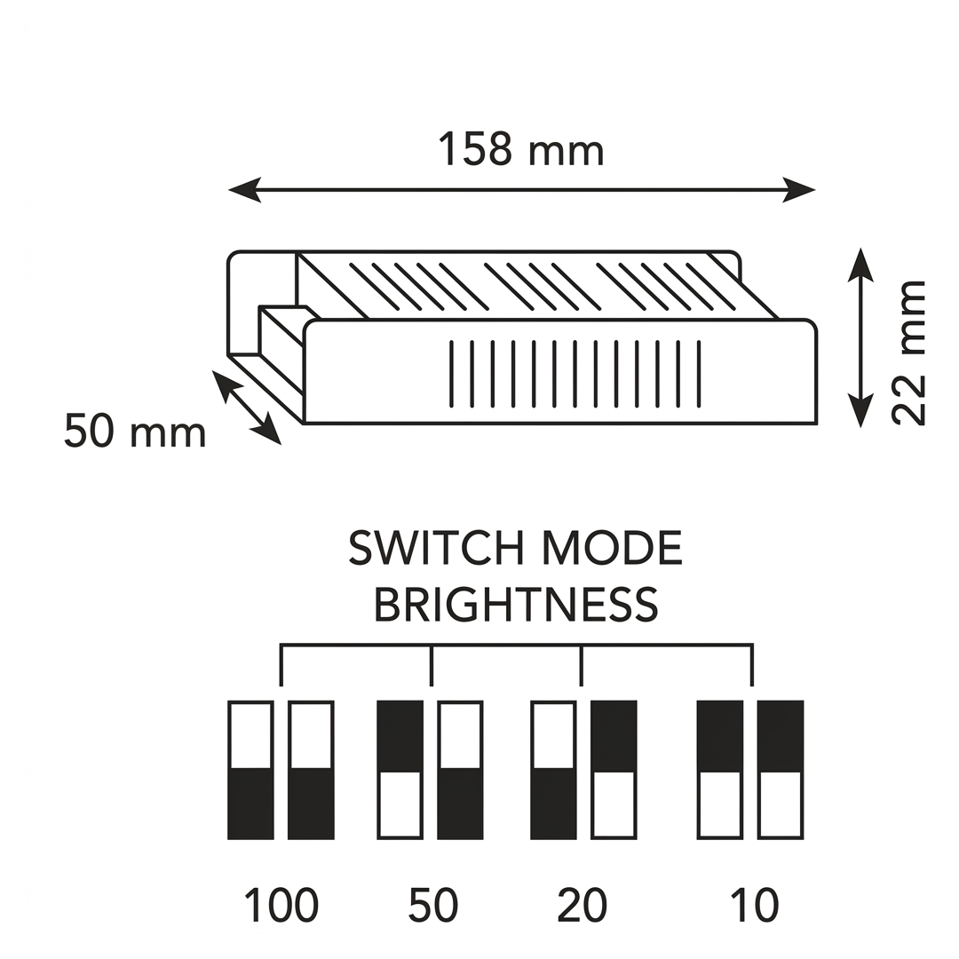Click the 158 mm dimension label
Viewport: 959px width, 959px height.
tap(521, 149)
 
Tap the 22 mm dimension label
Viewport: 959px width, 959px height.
tap(908, 353)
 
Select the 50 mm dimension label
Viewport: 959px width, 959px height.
tap(135, 432)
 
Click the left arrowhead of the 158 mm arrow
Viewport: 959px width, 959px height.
tap(245, 190)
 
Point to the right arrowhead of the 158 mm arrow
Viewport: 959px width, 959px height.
tap(799, 190)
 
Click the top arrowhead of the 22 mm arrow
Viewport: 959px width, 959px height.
tap(860, 265)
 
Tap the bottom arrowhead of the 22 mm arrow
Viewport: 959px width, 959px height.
tap(860, 411)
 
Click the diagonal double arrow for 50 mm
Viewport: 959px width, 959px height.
tap(247, 408)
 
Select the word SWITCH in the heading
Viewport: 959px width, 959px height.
tap(436, 548)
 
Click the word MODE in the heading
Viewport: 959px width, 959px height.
tap(612, 548)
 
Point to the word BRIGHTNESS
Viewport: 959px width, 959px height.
tap(516, 605)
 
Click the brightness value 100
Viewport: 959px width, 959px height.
tap(281, 905)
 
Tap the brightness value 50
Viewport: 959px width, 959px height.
tap(433, 905)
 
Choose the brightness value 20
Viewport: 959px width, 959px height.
tap(583, 905)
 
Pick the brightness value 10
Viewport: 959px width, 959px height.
tap(755, 905)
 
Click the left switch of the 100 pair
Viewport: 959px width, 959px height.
tap(250, 770)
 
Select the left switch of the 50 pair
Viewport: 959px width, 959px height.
tap(400, 770)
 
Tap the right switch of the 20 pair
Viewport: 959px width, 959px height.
tap(614, 770)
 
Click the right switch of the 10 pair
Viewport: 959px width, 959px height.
tap(781, 770)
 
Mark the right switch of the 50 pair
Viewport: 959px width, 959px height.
tap(460, 770)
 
